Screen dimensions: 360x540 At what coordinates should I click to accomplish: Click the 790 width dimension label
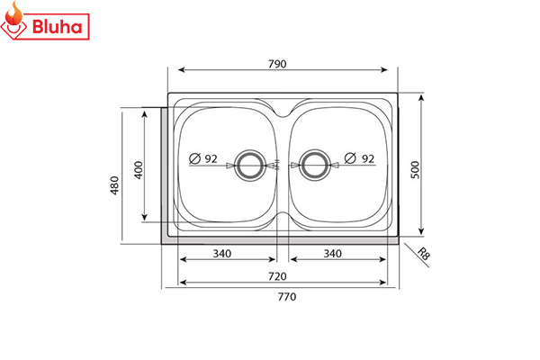click(x=278, y=64)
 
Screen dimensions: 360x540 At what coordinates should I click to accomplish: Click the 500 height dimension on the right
click(x=415, y=169)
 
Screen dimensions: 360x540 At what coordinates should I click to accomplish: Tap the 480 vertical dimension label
click(x=114, y=185)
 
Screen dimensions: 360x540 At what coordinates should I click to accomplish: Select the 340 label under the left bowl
click(x=222, y=254)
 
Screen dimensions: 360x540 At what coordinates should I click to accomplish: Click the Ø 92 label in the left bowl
click(x=204, y=158)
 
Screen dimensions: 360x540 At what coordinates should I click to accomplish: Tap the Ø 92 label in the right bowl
click(x=360, y=158)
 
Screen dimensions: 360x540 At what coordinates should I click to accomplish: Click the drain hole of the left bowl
click(x=247, y=165)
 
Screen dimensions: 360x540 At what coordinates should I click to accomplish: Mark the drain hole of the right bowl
click(x=313, y=165)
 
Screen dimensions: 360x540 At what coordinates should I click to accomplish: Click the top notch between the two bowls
click(x=280, y=112)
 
